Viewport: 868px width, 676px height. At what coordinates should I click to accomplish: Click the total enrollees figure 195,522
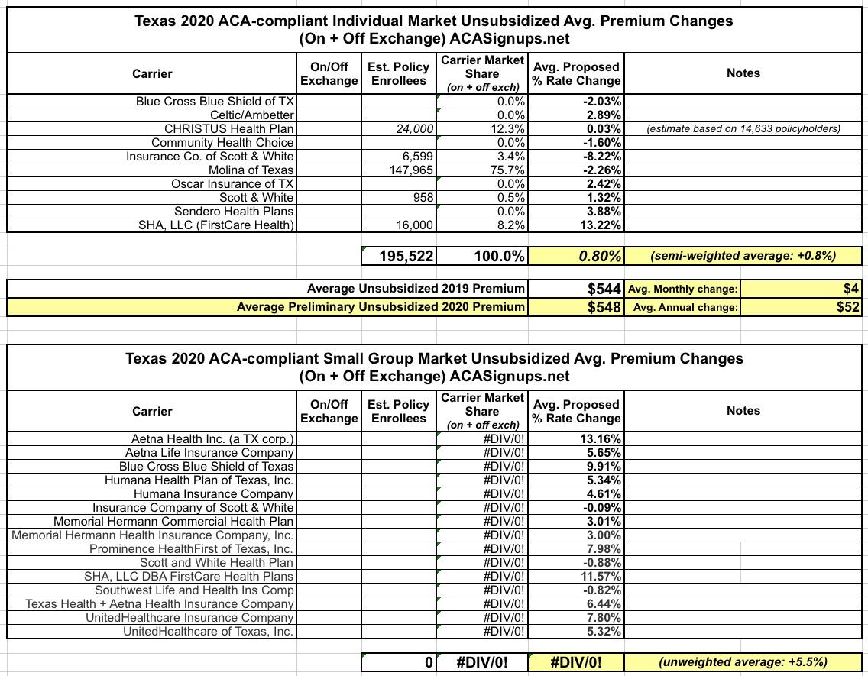pos(406,256)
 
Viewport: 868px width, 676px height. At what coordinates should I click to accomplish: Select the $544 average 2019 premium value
pos(603,289)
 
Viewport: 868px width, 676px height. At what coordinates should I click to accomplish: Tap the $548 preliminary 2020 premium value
pos(603,307)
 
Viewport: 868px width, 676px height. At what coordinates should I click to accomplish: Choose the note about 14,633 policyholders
pos(743,128)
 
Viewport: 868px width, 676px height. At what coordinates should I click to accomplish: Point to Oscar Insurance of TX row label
pos(233,183)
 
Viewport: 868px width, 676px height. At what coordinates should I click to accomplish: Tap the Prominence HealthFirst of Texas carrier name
pos(191,548)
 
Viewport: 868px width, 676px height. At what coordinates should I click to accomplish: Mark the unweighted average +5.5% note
pos(743,661)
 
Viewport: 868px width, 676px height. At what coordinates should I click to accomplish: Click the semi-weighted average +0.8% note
pos(743,256)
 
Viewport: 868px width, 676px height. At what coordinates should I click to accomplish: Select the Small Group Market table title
pos(434,367)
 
